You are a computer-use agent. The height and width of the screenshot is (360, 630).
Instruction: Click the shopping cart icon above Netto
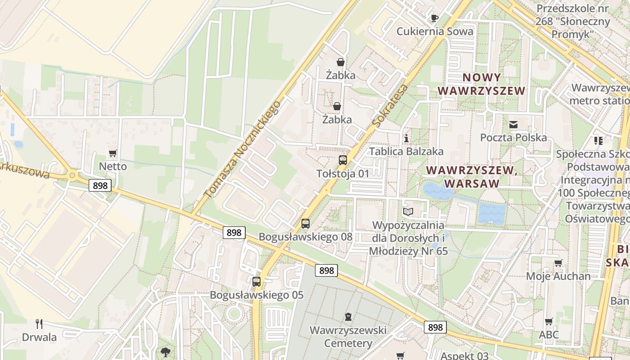click(x=112, y=153)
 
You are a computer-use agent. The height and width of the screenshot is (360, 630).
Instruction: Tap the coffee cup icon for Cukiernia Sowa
click(x=434, y=18)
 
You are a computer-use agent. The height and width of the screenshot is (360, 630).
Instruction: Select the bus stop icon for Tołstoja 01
click(x=343, y=160)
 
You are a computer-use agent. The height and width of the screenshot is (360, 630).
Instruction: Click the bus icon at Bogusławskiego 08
click(x=306, y=223)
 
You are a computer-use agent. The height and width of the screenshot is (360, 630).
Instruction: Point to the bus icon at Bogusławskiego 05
click(x=256, y=282)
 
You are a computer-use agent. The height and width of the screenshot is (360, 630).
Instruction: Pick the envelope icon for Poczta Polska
click(x=513, y=124)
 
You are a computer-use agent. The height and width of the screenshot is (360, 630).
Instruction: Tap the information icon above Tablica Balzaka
click(x=406, y=138)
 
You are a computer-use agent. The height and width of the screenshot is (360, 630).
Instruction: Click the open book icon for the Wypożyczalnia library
click(x=408, y=211)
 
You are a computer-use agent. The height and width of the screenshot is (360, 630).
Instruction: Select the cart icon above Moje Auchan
click(x=558, y=263)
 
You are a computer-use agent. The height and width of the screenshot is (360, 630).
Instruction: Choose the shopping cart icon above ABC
click(x=549, y=321)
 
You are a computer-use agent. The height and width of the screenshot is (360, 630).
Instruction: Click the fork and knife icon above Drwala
click(x=39, y=324)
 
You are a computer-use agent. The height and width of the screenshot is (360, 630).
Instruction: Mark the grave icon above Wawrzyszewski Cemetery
click(x=348, y=317)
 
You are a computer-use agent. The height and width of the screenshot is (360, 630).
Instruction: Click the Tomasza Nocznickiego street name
click(x=242, y=150)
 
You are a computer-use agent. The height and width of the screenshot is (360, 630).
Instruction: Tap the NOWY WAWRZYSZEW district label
click(x=481, y=84)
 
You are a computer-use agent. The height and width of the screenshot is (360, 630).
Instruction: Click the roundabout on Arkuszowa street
click(x=72, y=175)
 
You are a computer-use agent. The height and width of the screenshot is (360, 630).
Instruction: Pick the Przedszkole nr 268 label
click(x=572, y=21)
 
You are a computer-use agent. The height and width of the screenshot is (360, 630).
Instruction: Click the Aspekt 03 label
click(x=464, y=355)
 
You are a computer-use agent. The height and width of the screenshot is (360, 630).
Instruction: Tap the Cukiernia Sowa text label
click(x=435, y=31)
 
